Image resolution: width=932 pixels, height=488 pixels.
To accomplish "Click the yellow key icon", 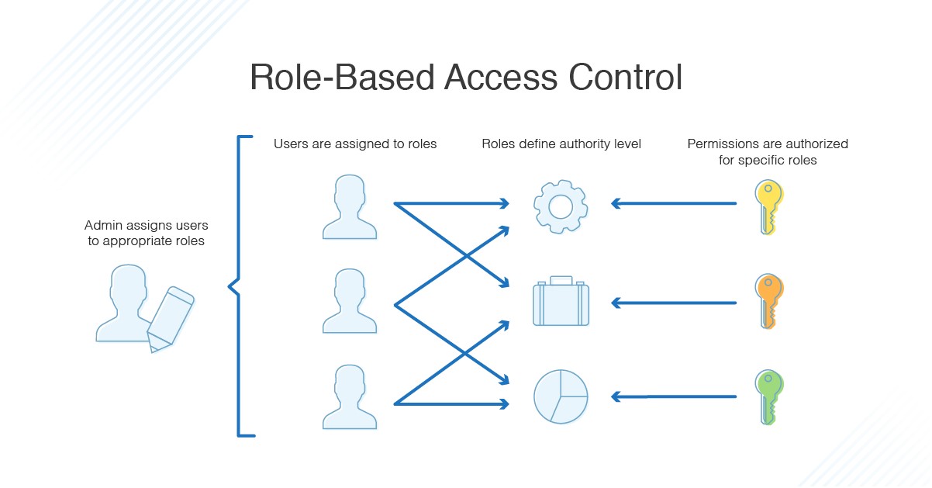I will [x=768, y=206].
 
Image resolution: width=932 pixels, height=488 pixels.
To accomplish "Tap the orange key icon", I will [x=768, y=301].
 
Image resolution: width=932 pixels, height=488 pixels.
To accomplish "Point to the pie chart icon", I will [x=561, y=396].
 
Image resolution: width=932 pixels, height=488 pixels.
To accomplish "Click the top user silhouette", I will [x=349, y=206].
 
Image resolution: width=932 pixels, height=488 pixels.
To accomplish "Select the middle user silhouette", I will [x=349, y=302].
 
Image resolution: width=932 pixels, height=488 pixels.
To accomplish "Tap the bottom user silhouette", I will [x=349, y=397].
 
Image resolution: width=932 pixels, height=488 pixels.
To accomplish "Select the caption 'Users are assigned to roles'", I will [x=355, y=144].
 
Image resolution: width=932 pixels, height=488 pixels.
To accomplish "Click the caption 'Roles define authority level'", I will [x=561, y=144].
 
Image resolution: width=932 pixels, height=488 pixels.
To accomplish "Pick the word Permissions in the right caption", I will [x=723, y=144].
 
